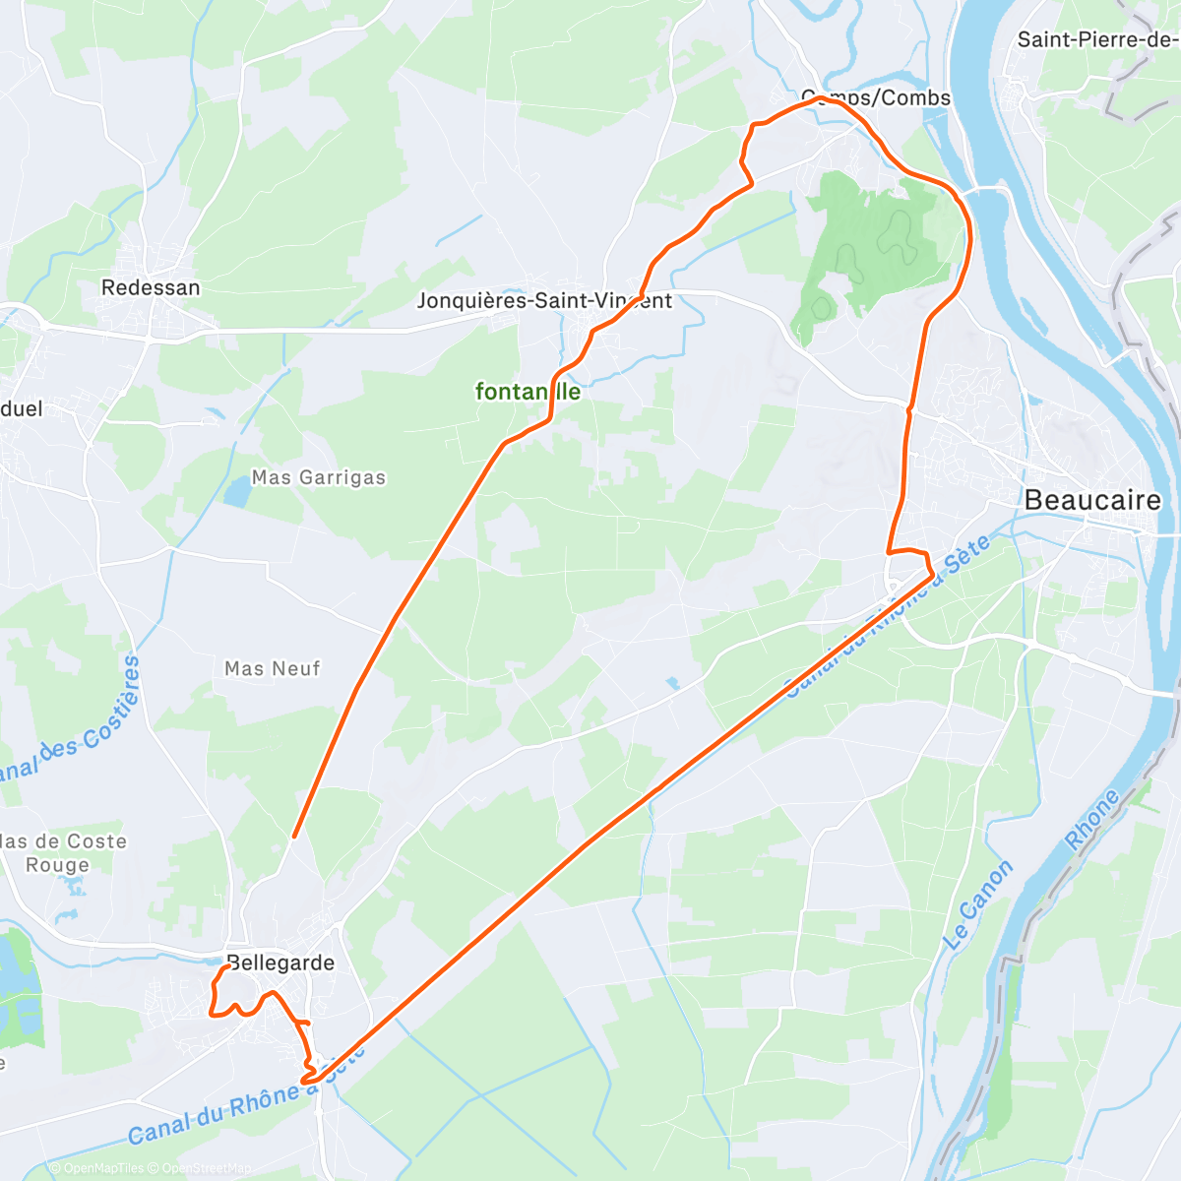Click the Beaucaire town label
click(x=1092, y=500)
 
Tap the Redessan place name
click(x=151, y=287)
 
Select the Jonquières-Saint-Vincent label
click(x=544, y=300)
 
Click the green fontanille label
click(x=528, y=392)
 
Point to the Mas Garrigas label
click(x=319, y=477)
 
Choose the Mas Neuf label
click(x=273, y=668)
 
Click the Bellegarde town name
click(x=280, y=963)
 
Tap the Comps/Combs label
click(x=876, y=97)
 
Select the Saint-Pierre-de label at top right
click(x=1096, y=39)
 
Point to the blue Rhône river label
click(x=1092, y=820)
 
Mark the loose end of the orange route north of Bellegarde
click(x=294, y=837)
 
